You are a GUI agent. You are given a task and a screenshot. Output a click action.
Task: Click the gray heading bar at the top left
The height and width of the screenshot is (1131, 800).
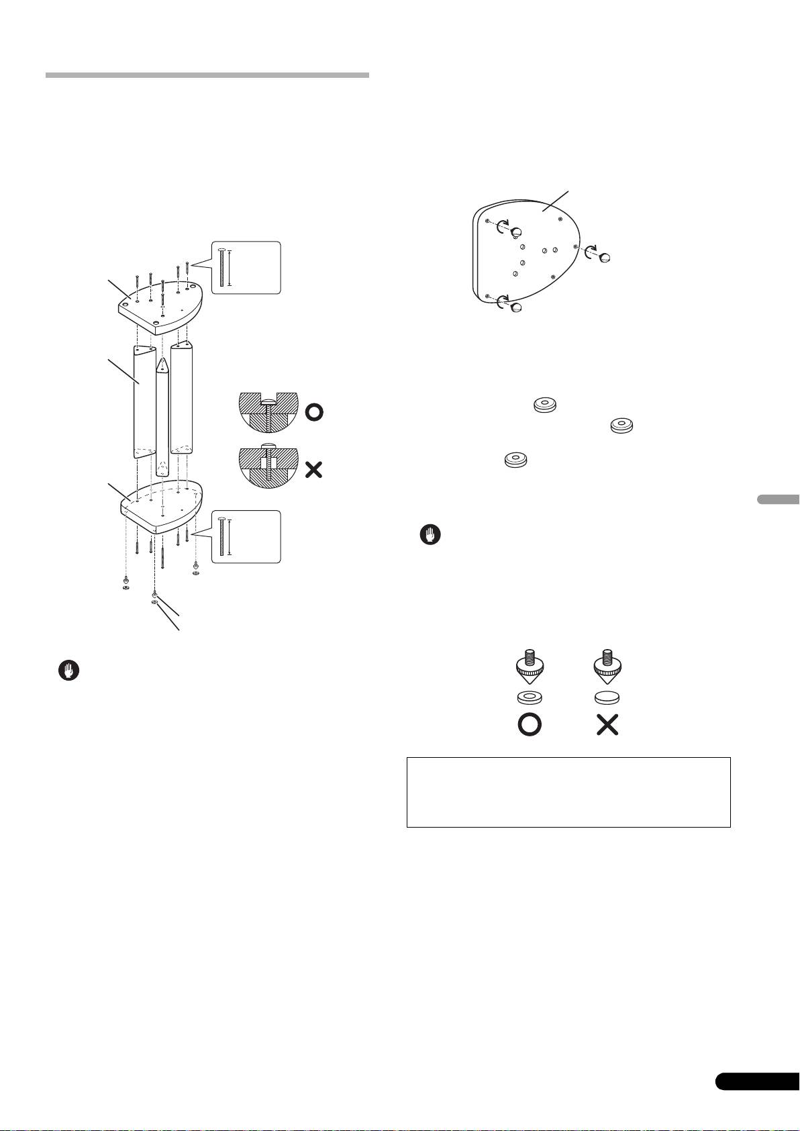[207, 75]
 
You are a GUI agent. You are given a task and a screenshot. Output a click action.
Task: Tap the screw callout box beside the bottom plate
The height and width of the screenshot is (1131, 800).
[245, 536]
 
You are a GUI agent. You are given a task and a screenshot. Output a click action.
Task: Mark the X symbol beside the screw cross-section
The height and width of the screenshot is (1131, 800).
[313, 470]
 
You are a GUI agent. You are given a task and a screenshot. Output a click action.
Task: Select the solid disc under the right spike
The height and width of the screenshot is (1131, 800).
[607, 697]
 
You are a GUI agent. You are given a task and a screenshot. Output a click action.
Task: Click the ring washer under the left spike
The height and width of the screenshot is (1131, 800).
[530, 697]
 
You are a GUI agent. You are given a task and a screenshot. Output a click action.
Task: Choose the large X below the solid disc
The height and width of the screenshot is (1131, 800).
[607, 725]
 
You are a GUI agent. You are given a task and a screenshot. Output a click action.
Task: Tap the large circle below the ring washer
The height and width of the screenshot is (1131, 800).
[530, 725]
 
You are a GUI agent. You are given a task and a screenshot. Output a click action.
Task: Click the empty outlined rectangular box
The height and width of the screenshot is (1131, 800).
[568, 792]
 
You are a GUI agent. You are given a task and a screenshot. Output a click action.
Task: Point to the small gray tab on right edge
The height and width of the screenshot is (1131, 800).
[779, 499]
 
